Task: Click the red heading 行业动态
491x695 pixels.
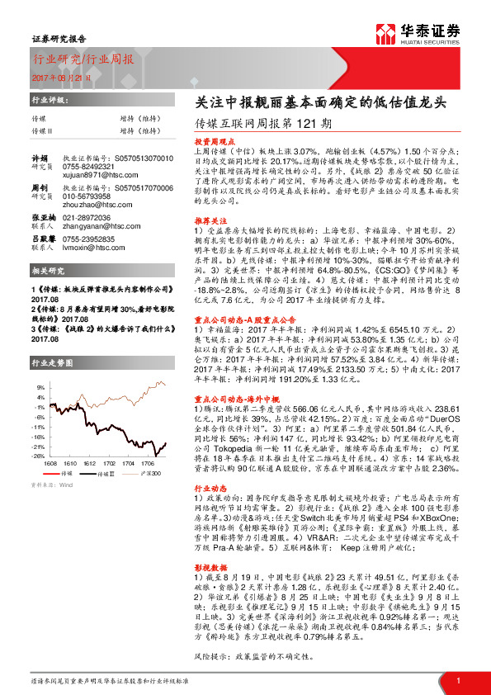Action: [x=211, y=489]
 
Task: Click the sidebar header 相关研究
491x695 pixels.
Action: [x=48, y=271]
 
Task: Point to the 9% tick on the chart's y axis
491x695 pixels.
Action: [x=40, y=386]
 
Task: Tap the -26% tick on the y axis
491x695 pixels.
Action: [x=38, y=456]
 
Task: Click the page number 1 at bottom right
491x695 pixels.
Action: [x=457, y=680]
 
